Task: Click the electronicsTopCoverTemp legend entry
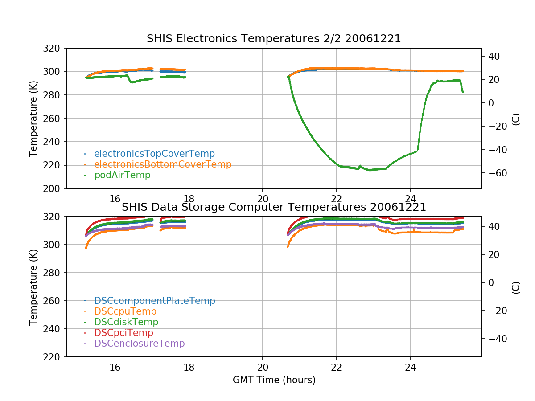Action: point(154,154)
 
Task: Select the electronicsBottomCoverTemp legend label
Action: point(163,164)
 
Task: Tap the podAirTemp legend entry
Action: point(122,175)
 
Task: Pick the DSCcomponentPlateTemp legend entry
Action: point(154,301)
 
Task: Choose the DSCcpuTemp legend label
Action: point(125,311)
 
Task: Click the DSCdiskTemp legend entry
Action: point(126,322)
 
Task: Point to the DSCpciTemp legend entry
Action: point(123,333)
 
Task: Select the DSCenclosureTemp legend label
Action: point(139,344)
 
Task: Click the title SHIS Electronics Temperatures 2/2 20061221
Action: point(274,39)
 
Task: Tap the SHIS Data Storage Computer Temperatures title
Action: point(274,207)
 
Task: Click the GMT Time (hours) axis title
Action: point(274,380)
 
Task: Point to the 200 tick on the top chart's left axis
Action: point(54,188)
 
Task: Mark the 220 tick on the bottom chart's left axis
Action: point(54,357)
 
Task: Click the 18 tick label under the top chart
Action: point(189,199)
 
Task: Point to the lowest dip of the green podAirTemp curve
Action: point(370,170)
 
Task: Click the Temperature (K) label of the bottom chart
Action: point(33,286)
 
